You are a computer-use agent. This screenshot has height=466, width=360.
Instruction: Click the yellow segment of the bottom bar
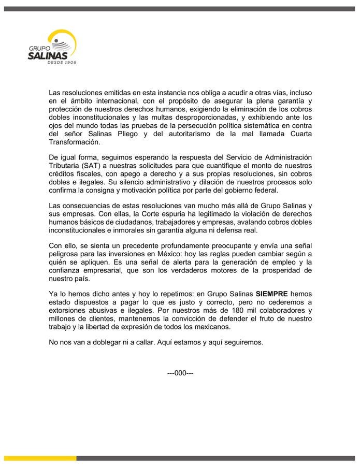pos(38,458)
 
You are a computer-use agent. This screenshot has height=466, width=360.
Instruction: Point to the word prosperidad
pos(272,271)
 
